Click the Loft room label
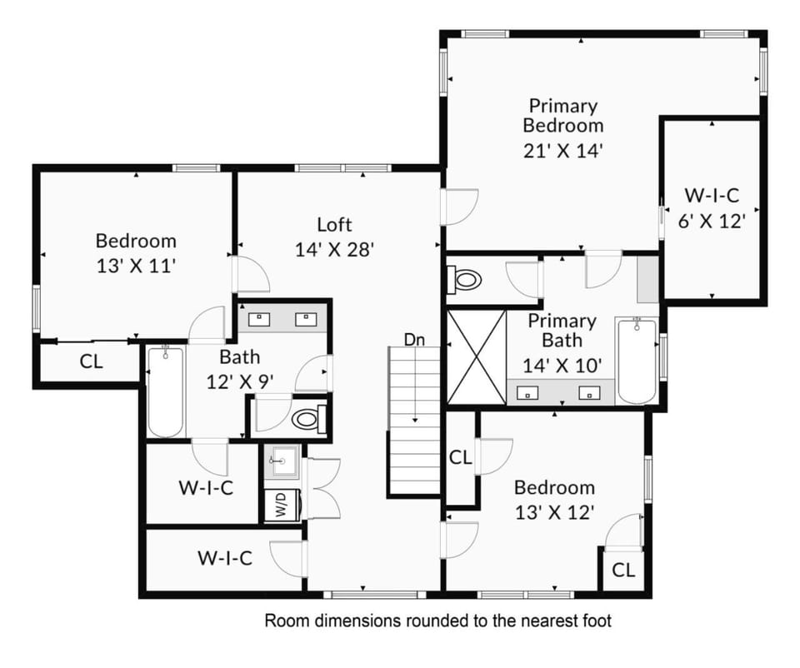pyautogui.click(x=334, y=224)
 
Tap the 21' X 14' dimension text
pyautogui.click(x=563, y=151)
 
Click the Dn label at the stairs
pyautogui.click(x=414, y=340)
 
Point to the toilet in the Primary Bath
pyautogui.click(x=464, y=279)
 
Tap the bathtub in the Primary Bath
pyautogui.click(x=637, y=361)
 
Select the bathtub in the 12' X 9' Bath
pyautogui.click(x=165, y=391)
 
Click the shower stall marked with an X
pyautogui.click(x=476, y=356)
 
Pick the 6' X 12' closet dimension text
pyautogui.click(x=712, y=221)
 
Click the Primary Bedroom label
pyautogui.click(x=563, y=116)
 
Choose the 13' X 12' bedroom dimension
pyautogui.click(x=555, y=512)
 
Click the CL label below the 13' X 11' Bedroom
pyautogui.click(x=92, y=361)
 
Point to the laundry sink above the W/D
pyautogui.click(x=282, y=461)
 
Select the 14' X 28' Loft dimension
pyautogui.click(x=335, y=249)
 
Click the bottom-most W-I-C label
pyautogui.click(x=225, y=558)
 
